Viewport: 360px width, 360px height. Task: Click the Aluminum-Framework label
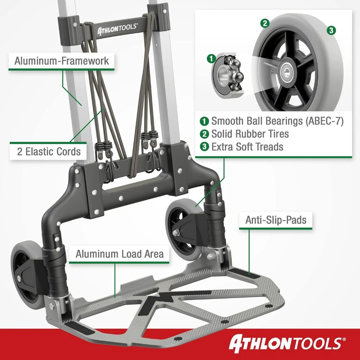62,61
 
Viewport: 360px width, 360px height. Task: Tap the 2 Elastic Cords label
48,152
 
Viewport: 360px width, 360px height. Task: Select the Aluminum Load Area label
119,254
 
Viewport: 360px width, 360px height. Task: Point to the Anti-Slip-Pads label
276,220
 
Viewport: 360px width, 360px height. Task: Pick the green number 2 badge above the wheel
265,23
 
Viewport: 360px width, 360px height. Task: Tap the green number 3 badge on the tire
331,30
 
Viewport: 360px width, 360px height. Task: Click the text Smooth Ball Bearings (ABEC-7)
277,121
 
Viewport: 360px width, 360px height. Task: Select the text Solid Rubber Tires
250,134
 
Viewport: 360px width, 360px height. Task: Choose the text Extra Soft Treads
247,147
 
